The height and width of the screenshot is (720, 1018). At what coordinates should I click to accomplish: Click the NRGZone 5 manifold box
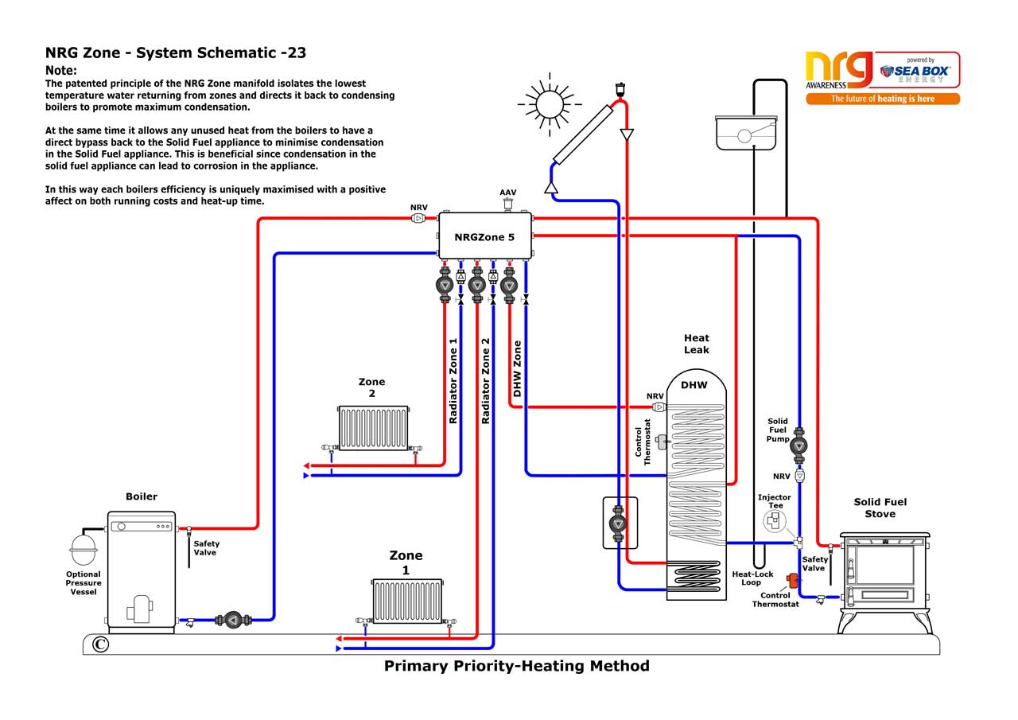[484, 236]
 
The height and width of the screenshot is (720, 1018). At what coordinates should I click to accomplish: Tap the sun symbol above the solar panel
[549, 103]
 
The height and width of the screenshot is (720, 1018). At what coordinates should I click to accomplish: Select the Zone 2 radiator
[373, 429]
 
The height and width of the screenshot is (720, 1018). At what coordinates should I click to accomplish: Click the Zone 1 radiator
[407, 601]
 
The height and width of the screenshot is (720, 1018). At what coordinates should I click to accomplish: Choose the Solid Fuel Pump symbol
[799, 447]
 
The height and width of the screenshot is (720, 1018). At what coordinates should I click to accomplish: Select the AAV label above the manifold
[507, 193]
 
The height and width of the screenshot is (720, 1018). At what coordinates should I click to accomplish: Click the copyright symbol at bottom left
[100, 644]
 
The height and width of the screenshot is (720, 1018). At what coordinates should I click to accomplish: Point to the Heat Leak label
[696, 344]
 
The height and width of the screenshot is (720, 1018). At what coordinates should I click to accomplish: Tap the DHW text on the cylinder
[694, 385]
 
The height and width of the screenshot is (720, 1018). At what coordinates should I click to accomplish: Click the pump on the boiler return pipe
[231, 620]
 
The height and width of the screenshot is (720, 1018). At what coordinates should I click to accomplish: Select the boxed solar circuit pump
[619, 523]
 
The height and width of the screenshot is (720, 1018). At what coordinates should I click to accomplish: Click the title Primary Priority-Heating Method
[516, 666]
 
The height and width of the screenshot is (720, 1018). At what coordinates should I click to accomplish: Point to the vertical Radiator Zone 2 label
[485, 380]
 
